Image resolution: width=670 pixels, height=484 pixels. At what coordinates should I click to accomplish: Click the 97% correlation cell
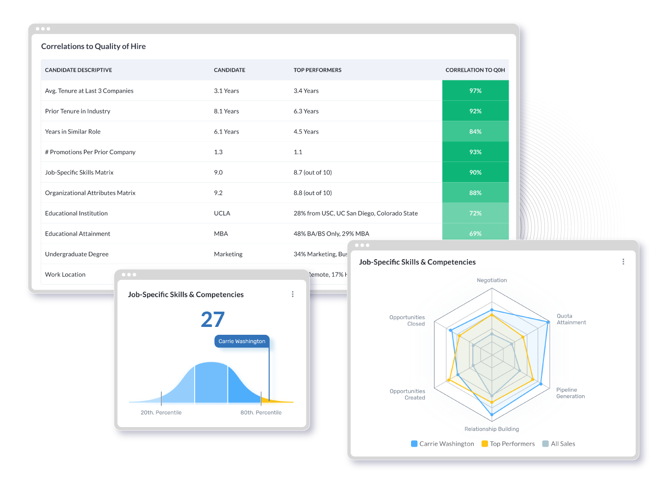click(x=475, y=91)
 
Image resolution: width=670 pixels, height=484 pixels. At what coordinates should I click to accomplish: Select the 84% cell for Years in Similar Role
click(x=475, y=132)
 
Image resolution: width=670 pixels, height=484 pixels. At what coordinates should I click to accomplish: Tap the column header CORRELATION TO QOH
click(x=475, y=70)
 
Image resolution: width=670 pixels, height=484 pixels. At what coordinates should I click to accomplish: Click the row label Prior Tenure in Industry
click(x=77, y=111)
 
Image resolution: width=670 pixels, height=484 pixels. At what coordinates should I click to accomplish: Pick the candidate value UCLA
click(x=222, y=214)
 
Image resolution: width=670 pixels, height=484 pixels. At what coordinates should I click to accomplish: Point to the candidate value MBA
click(x=221, y=234)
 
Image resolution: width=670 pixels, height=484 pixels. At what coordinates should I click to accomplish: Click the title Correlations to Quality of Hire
click(x=93, y=47)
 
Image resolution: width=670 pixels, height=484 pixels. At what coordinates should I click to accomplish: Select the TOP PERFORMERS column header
click(x=317, y=70)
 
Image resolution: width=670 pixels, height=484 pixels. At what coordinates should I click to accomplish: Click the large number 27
click(x=212, y=320)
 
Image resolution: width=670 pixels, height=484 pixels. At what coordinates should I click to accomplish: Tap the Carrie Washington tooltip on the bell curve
click(x=242, y=341)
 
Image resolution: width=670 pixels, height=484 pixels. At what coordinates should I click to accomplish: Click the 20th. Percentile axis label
click(x=161, y=413)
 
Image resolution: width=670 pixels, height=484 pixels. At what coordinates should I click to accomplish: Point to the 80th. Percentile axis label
click(x=261, y=413)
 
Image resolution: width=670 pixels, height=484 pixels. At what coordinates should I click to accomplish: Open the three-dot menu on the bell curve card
click(x=293, y=294)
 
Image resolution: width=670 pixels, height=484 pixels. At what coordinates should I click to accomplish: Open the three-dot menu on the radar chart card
click(x=623, y=262)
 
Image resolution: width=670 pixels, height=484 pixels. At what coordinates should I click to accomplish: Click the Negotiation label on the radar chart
click(x=491, y=280)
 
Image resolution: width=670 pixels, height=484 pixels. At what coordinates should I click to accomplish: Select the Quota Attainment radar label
click(x=571, y=319)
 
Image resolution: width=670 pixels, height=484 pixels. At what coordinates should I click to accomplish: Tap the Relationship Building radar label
click(x=491, y=429)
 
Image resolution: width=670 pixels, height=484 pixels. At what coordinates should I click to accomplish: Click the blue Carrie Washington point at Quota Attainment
click(x=548, y=322)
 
